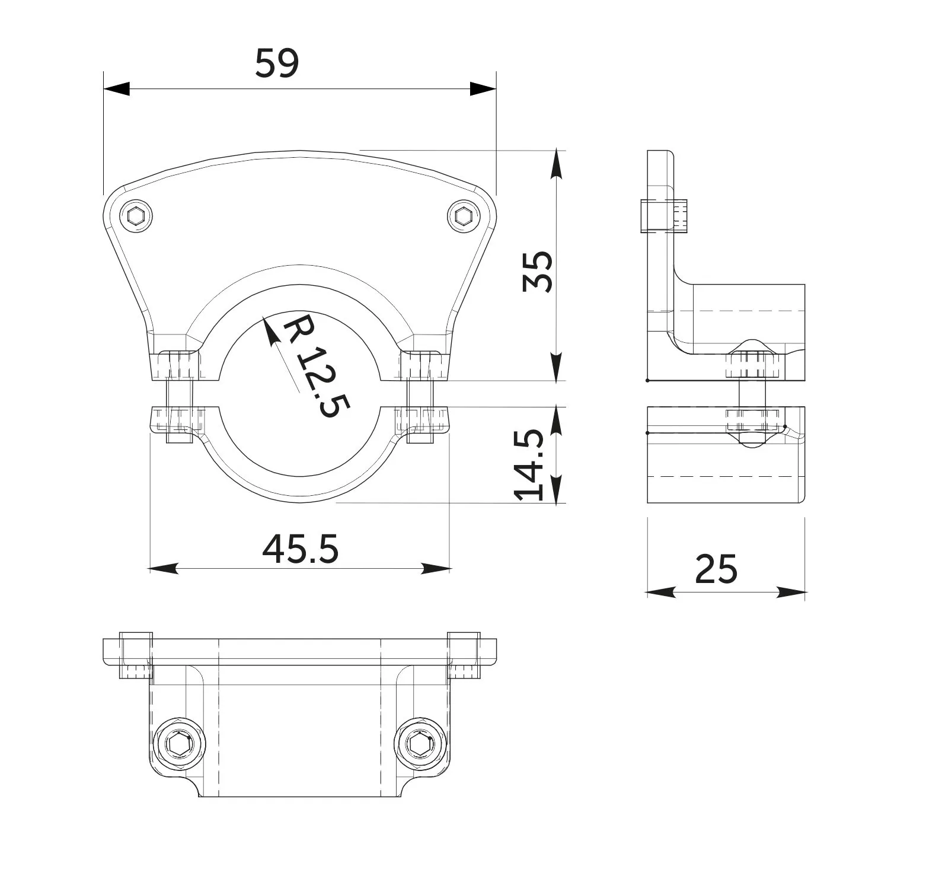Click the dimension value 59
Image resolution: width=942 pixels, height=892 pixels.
click(x=277, y=63)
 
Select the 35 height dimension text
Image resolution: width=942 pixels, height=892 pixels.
click(x=538, y=272)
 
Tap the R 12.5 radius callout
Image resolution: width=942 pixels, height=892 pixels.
click(x=315, y=365)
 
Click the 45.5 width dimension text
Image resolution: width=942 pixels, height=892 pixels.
click(x=300, y=549)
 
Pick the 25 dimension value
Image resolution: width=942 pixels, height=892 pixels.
click(x=716, y=569)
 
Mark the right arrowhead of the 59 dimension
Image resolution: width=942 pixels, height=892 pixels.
click(x=483, y=89)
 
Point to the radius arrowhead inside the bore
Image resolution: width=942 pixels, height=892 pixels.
click(x=270, y=331)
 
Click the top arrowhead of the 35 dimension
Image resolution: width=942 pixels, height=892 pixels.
click(x=556, y=164)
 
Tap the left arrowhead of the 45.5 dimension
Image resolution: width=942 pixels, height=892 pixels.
click(x=164, y=568)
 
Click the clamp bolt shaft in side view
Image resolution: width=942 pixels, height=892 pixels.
click(x=752, y=393)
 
